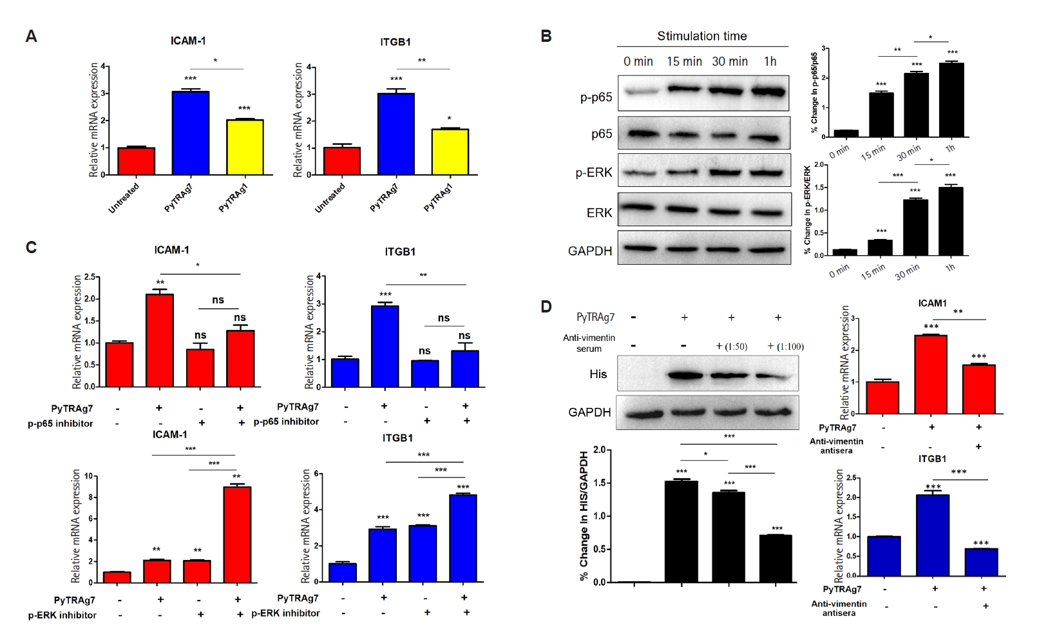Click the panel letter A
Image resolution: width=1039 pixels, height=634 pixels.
click(31, 37)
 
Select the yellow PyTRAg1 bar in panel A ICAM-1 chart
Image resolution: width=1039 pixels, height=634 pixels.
click(245, 147)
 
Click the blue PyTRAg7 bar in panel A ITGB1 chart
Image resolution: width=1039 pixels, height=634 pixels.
click(396, 134)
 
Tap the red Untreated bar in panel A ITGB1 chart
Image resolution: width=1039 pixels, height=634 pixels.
click(341, 161)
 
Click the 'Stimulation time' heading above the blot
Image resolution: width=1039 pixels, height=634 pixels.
click(701, 36)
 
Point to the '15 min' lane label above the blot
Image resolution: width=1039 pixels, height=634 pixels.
click(684, 61)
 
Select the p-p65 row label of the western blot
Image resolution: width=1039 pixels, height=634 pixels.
click(596, 97)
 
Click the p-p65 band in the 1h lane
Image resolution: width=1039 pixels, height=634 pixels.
click(769, 92)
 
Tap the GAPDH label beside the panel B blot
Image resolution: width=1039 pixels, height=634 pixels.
click(589, 251)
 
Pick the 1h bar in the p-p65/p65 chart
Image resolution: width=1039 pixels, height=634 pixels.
click(951, 100)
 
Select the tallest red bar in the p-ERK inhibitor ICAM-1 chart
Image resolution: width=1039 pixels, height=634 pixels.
click(237, 534)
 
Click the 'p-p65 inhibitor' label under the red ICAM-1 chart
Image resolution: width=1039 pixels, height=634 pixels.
click(61, 423)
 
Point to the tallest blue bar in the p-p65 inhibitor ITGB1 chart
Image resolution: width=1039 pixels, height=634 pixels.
click(385, 346)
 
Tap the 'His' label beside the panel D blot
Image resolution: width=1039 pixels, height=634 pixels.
click(598, 374)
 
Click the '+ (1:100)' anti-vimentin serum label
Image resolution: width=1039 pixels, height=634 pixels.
click(785, 347)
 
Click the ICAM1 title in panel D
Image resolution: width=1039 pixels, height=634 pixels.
click(932, 303)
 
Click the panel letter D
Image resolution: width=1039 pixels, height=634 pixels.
click(546, 306)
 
